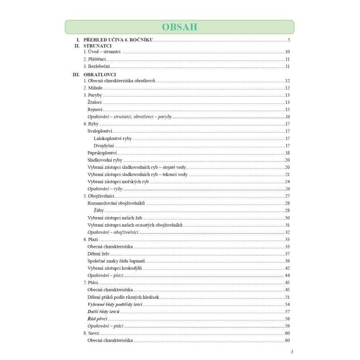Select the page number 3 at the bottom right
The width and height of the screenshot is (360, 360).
tap(292, 351)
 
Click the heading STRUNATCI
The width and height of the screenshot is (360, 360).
tap(97, 46)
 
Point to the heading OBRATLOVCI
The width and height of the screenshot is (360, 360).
tap(99, 75)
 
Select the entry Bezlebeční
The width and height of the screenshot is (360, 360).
tap(96, 66)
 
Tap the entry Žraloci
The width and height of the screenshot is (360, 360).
tap(95, 102)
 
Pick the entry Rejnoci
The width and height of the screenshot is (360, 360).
tap(95, 110)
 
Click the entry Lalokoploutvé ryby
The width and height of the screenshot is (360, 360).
tap(113, 138)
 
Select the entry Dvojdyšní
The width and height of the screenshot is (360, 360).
tap(104, 146)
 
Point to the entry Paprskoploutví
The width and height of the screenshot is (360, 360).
tap(102, 153)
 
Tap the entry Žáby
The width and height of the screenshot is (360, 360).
tap(99, 210)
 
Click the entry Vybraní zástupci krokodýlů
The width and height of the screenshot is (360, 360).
tap(115, 268)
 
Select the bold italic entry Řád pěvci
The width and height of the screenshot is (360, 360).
tap(97, 318)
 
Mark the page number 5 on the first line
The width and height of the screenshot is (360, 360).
tap(288, 40)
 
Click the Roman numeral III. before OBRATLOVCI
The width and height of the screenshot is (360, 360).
tap(76, 75)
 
